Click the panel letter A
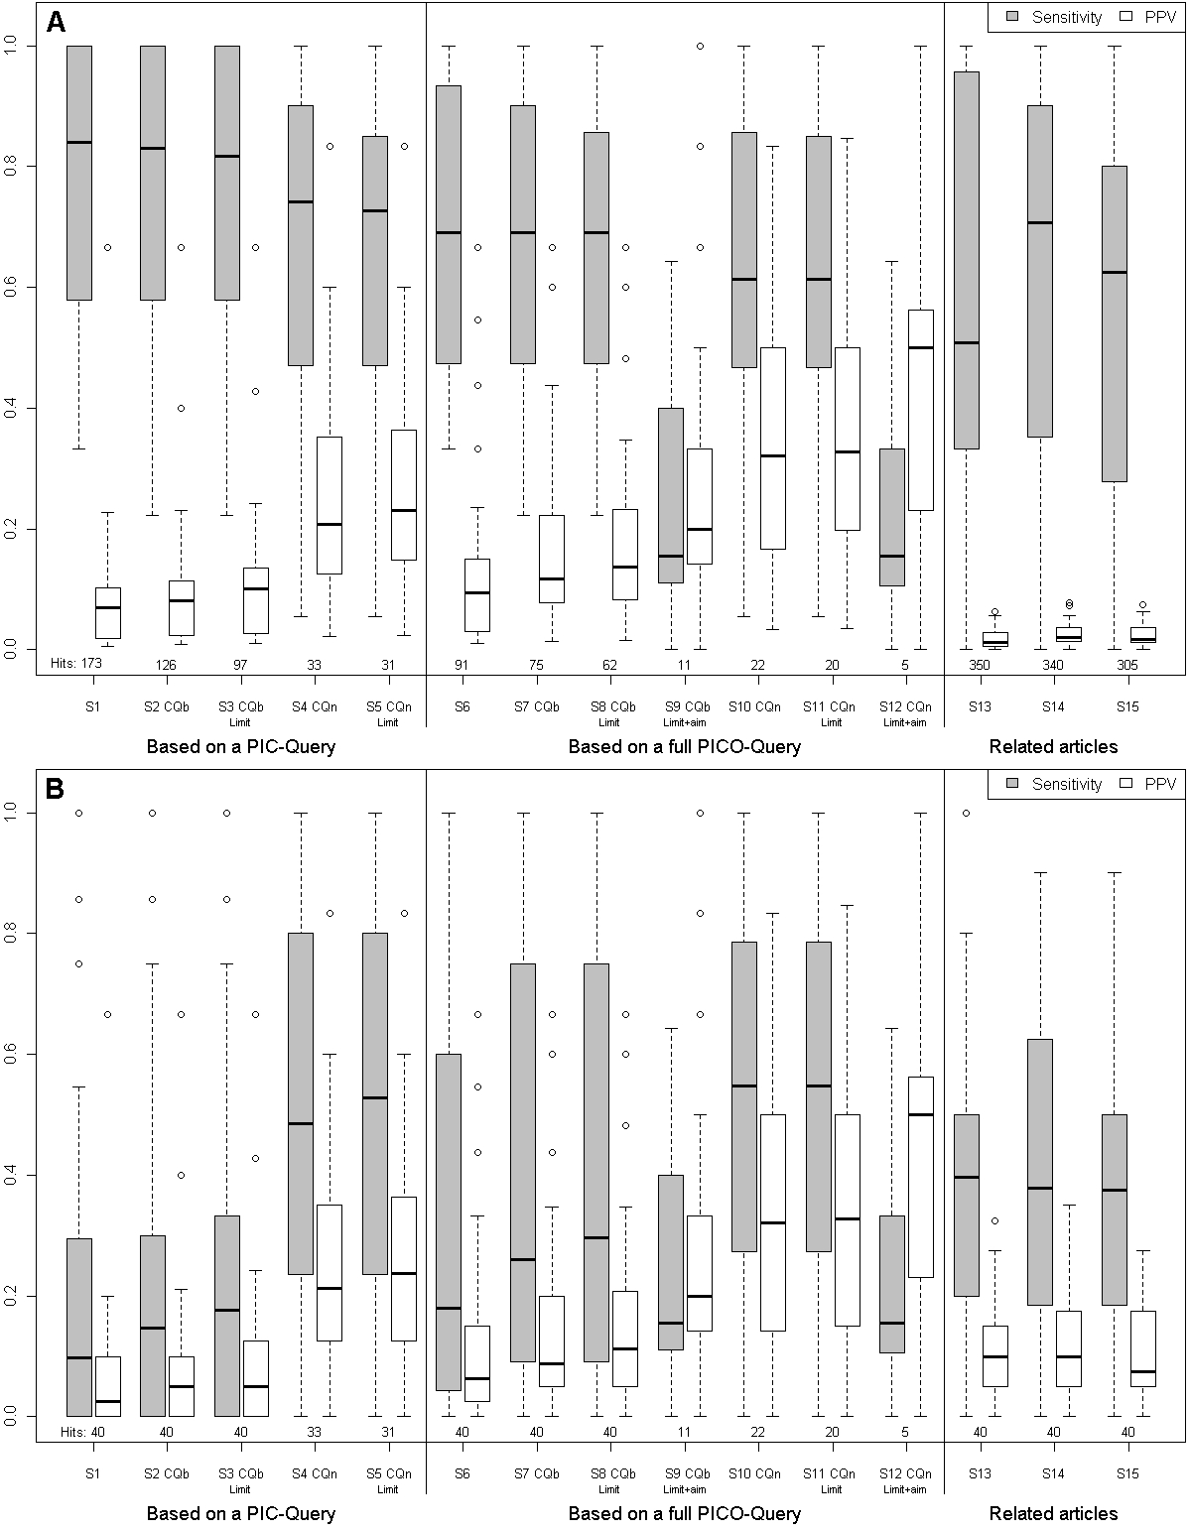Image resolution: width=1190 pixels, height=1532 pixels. click(x=57, y=22)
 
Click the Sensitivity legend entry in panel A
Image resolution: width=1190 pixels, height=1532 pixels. click(x=1056, y=17)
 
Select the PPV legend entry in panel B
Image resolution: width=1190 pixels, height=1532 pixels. click(x=1149, y=784)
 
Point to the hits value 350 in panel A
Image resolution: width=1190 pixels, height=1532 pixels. click(x=980, y=665)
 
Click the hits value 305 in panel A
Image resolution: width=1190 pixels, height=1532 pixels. click(x=1126, y=665)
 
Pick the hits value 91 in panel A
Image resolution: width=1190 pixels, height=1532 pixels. click(x=462, y=665)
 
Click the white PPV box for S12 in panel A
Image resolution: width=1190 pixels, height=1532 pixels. click(x=921, y=410)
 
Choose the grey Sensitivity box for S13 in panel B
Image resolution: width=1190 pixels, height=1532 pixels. click(x=967, y=1205)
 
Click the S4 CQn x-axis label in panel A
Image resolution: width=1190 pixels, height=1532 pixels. click(x=314, y=706)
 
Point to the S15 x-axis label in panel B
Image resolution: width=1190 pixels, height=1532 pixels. click(x=1126, y=1473)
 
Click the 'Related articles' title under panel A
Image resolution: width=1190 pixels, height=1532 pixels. click(x=1053, y=746)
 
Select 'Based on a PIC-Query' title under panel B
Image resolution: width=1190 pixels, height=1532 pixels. click(x=240, y=1513)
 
